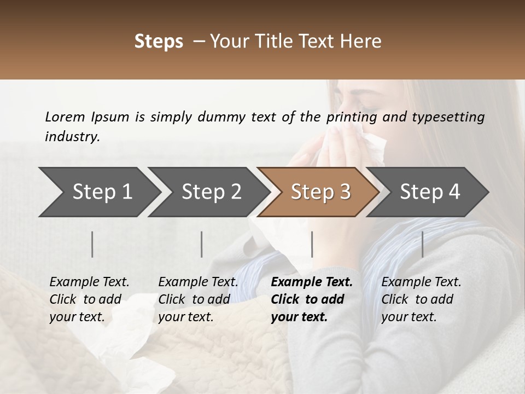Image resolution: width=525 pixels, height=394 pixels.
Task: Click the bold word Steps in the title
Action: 159,42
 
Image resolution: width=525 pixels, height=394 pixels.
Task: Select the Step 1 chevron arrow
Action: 98,192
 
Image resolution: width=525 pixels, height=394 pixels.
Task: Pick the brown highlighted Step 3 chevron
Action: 320,192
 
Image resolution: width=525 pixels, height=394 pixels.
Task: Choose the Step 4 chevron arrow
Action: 430,192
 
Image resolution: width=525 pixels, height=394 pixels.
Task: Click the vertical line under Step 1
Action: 92,244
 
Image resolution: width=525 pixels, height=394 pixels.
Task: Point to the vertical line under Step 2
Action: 202,244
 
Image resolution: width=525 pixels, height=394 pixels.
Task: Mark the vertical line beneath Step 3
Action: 312,244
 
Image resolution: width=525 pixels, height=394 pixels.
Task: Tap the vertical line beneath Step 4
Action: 423,244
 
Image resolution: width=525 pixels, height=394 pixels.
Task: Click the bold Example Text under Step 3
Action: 312,282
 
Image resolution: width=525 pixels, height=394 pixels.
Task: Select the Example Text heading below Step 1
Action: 89,282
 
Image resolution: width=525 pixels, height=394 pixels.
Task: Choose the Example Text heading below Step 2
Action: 198,282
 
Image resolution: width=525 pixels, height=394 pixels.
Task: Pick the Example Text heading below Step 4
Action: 421,282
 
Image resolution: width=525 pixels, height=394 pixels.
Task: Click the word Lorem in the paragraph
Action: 65,117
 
